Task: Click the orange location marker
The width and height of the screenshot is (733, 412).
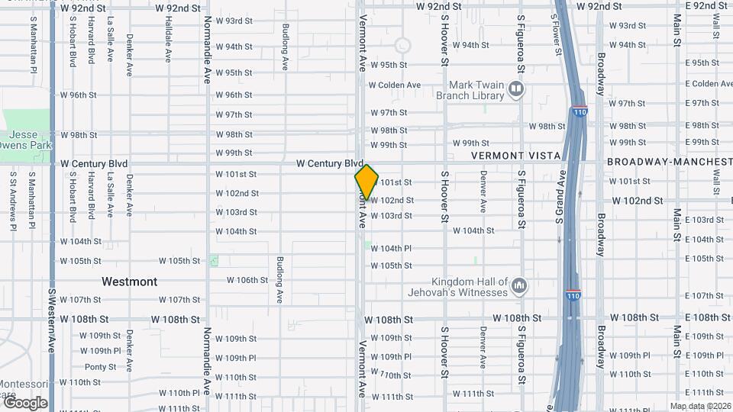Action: click(366, 182)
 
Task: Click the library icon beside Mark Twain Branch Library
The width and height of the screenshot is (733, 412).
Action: click(517, 90)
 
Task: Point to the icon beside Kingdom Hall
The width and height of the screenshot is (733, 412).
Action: click(519, 287)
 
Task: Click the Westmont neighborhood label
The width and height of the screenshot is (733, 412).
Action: click(130, 282)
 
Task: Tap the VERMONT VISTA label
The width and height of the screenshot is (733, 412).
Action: click(515, 156)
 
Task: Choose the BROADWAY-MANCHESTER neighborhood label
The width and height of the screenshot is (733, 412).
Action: click(669, 163)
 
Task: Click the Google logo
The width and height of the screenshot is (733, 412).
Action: click(25, 403)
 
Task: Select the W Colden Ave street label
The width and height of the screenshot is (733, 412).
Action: click(395, 85)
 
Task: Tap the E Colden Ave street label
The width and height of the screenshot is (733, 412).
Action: click(709, 84)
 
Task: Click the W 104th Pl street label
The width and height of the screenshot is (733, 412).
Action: click(391, 249)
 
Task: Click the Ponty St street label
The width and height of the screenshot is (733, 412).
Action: click(100, 367)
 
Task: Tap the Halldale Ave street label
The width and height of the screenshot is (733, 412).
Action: click(168, 39)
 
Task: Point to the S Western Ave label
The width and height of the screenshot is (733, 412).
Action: click(52, 320)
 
